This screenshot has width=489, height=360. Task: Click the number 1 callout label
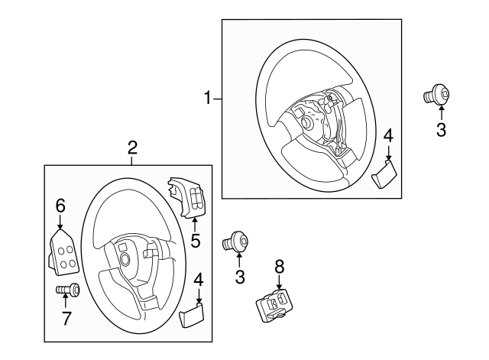point(206,98)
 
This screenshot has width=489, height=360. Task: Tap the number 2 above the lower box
point(132,147)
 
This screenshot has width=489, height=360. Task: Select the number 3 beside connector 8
point(240,277)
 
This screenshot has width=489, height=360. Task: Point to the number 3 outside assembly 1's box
point(441,129)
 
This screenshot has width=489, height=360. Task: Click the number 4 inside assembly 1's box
point(388,135)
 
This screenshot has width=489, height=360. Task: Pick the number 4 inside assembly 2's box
point(199,280)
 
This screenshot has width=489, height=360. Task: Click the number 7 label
point(66,318)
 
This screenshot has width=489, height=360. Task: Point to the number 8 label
point(279,265)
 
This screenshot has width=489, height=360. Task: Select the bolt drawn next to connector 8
point(235,243)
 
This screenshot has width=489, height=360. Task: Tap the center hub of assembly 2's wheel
point(124,258)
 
